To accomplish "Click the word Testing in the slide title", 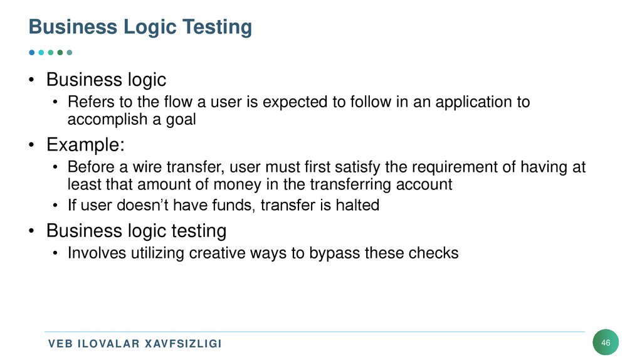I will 217,28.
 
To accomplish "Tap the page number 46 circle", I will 606,342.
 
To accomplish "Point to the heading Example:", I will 85,145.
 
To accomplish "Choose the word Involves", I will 95,253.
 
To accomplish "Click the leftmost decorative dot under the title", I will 32,53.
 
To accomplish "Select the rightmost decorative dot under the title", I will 70,53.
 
